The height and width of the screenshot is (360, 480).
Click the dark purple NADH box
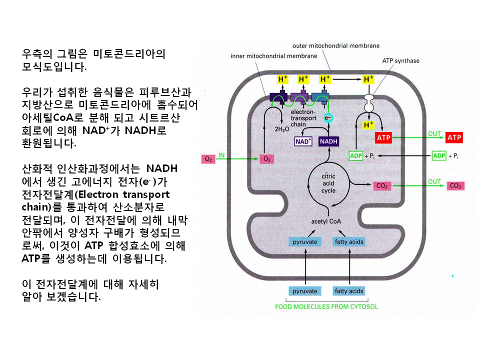pyautogui.click(x=328, y=141)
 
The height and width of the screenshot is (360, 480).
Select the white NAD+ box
pyautogui.click(x=303, y=141)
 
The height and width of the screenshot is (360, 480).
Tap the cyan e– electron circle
pyautogui.click(x=328, y=118)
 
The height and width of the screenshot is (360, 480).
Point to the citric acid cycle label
pyautogui.click(x=328, y=183)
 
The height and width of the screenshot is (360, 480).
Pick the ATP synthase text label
pyautogui.click(x=400, y=61)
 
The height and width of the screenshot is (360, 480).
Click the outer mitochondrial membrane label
pyautogui.click(x=336, y=46)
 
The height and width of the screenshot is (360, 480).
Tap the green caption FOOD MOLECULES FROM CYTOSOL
pyautogui.click(x=326, y=307)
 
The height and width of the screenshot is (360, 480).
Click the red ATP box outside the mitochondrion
pyautogui.click(x=454, y=137)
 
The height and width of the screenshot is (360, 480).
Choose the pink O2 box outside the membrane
pyautogui.click(x=208, y=159)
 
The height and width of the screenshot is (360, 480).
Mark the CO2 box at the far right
pyautogui.click(x=455, y=186)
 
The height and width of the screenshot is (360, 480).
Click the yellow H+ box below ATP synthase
pyautogui.click(x=368, y=124)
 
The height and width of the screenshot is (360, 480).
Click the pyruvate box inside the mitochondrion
pyautogui.click(x=305, y=242)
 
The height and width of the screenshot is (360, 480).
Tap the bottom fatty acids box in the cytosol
pyautogui.click(x=348, y=291)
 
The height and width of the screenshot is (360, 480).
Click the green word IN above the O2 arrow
pyautogui.click(x=221, y=154)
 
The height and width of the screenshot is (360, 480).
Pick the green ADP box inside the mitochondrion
pyautogui.click(x=356, y=156)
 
